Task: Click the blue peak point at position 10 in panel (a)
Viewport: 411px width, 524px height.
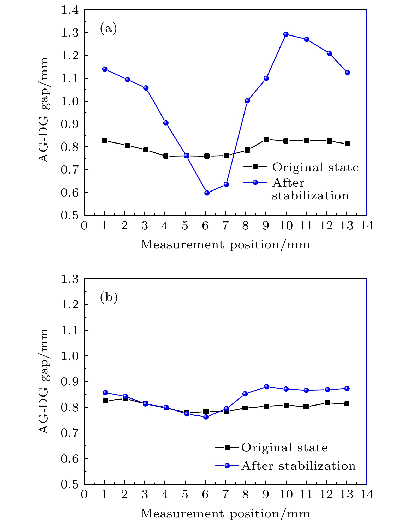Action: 286,34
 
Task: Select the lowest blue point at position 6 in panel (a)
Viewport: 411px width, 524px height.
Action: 207,193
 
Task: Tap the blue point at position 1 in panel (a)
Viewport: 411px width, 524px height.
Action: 105,69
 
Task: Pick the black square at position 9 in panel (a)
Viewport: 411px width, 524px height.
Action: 266,139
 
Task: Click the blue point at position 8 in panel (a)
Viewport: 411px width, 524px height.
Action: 247,101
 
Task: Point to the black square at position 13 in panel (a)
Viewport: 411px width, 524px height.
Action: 347,144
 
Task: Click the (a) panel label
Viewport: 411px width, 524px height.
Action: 108,28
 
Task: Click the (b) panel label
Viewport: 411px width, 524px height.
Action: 109,297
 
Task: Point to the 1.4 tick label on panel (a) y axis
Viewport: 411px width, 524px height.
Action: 70,10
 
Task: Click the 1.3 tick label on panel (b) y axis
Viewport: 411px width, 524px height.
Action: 70,279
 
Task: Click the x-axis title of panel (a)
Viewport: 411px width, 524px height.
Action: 225,245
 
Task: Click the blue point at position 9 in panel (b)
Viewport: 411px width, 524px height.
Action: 266,387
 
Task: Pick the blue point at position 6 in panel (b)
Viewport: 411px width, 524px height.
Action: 206,417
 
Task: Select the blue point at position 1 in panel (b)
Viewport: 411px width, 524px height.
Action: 105,393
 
